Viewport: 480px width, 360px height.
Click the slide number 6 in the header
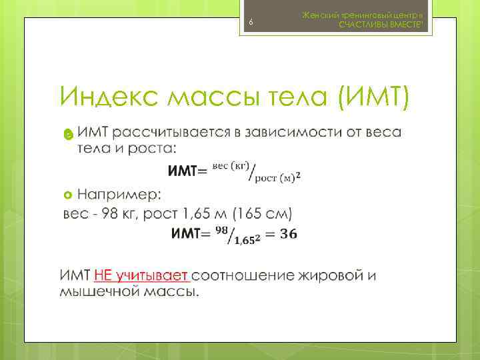coord(251,23)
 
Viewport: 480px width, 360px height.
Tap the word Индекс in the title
coord(107,97)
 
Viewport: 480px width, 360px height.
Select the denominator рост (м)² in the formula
coord(277,176)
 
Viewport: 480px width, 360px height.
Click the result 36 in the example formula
coord(289,233)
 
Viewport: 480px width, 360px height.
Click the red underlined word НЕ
coord(104,275)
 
